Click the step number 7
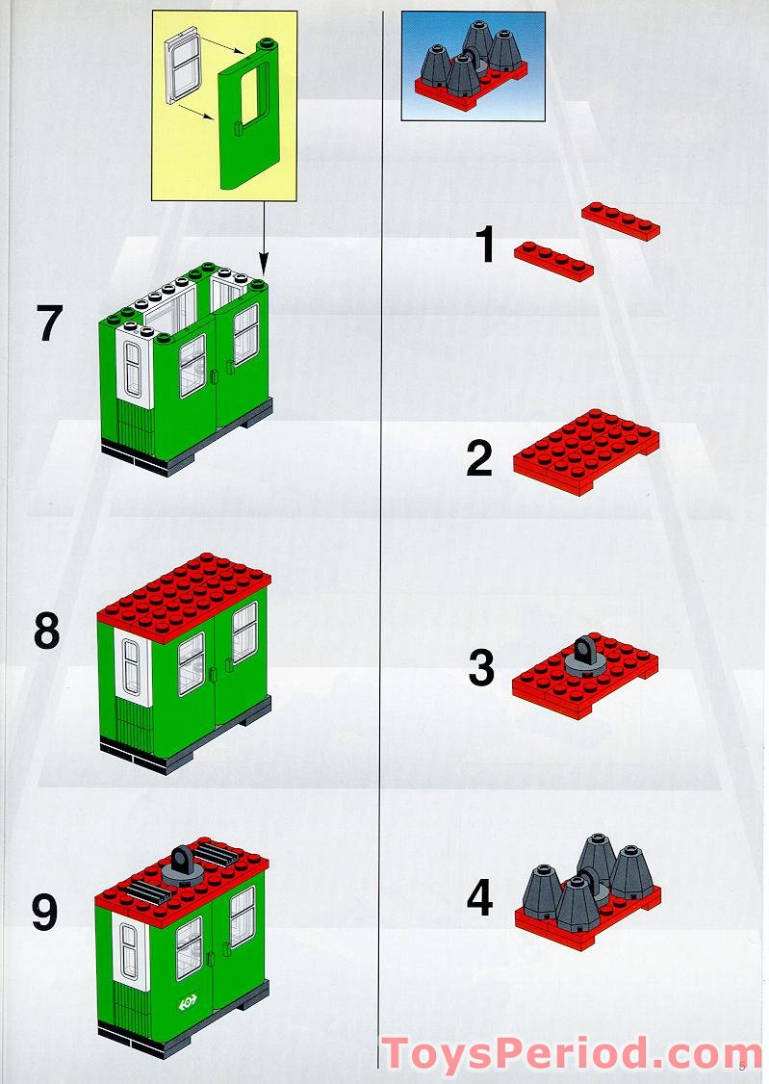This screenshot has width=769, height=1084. [50, 323]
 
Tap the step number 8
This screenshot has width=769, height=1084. [46, 632]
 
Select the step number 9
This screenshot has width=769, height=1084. [45, 913]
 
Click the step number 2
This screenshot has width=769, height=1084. [479, 459]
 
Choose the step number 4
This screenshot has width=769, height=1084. [479, 899]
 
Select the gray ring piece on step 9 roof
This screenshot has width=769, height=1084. [183, 867]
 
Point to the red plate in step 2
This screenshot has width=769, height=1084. [585, 452]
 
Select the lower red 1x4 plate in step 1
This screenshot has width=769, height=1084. [552, 261]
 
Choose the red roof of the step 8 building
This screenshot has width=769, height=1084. [183, 587]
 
